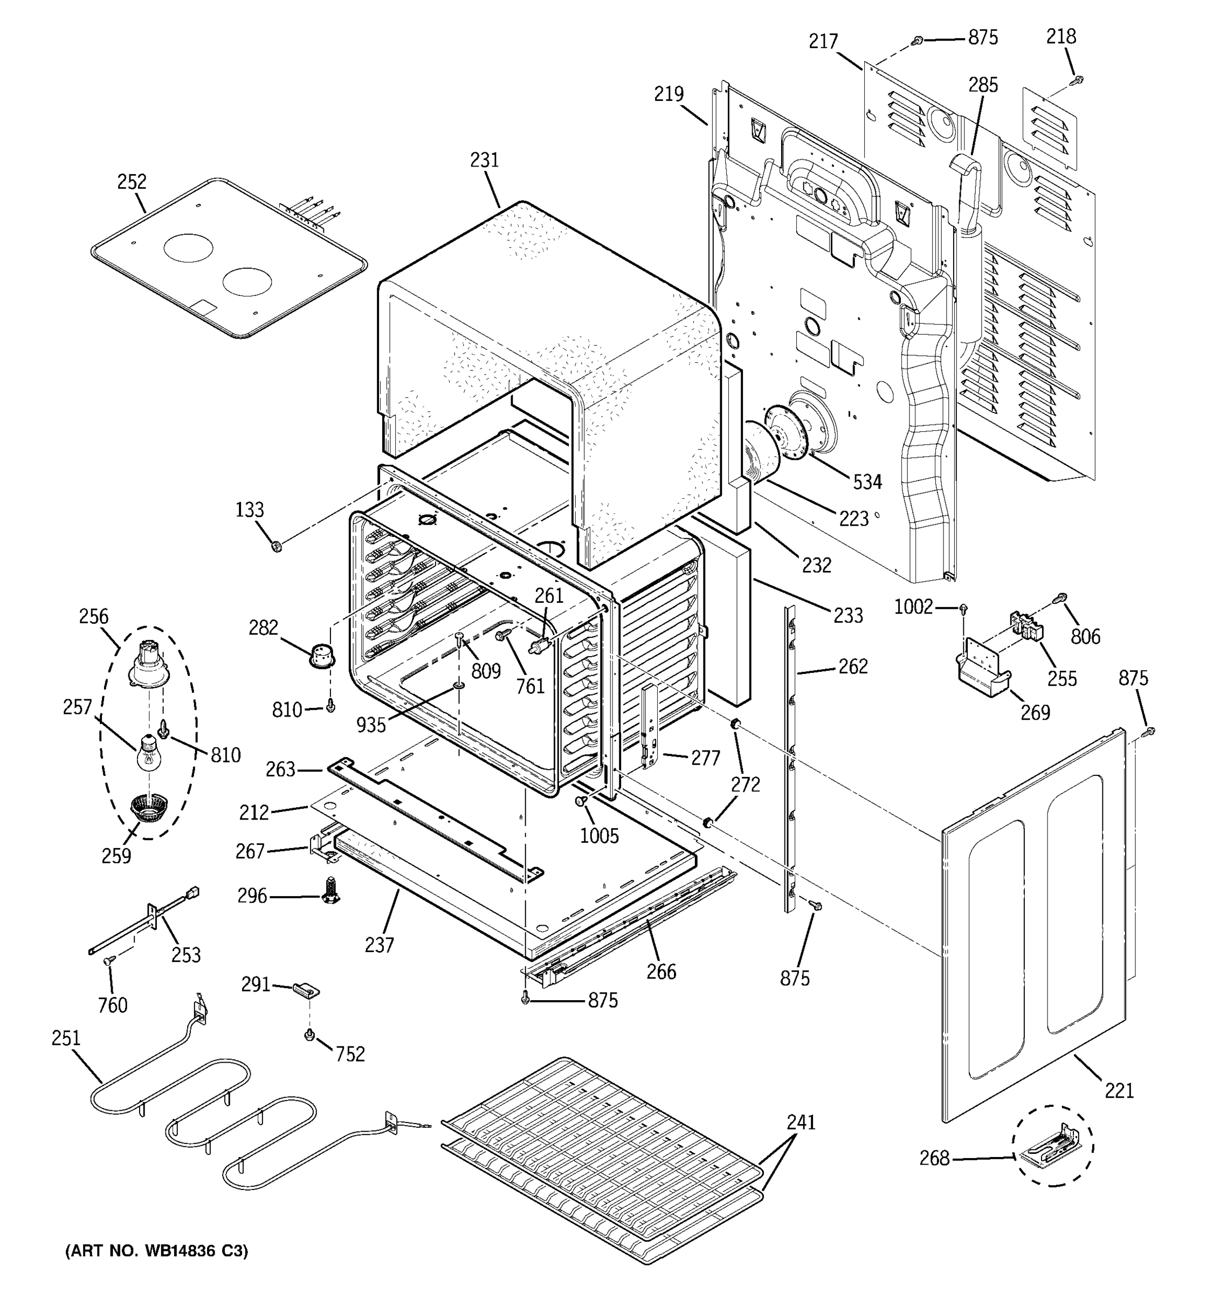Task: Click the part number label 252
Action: tap(132, 182)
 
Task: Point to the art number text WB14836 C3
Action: tap(156, 1250)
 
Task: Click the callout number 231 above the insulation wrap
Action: tap(484, 160)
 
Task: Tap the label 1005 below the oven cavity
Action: tap(599, 836)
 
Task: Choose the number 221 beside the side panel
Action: tap(1119, 1090)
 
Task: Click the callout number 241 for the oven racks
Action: tap(801, 1122)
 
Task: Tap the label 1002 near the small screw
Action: tap(913, 607)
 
